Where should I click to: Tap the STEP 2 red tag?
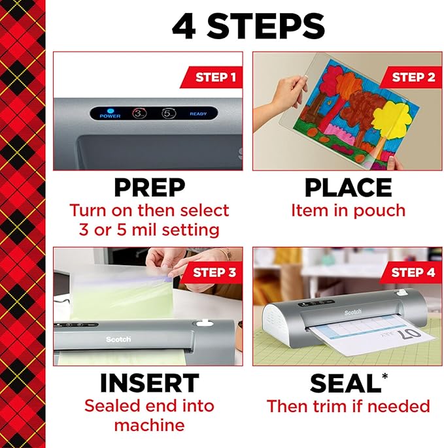click(x=413, y=77)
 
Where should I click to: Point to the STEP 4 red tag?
click(x=413, y=272)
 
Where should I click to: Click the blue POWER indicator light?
click(x=110, y=110)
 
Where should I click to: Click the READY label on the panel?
click(x=198, y=114)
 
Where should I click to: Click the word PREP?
click(x=149, y=188)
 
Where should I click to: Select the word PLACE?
click(x=348, y=188)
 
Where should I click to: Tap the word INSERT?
click(x=149, y=383)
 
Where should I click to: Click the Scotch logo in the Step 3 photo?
click(x=118, y=340)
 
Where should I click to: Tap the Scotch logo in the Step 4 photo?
click(x=352, y=312)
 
